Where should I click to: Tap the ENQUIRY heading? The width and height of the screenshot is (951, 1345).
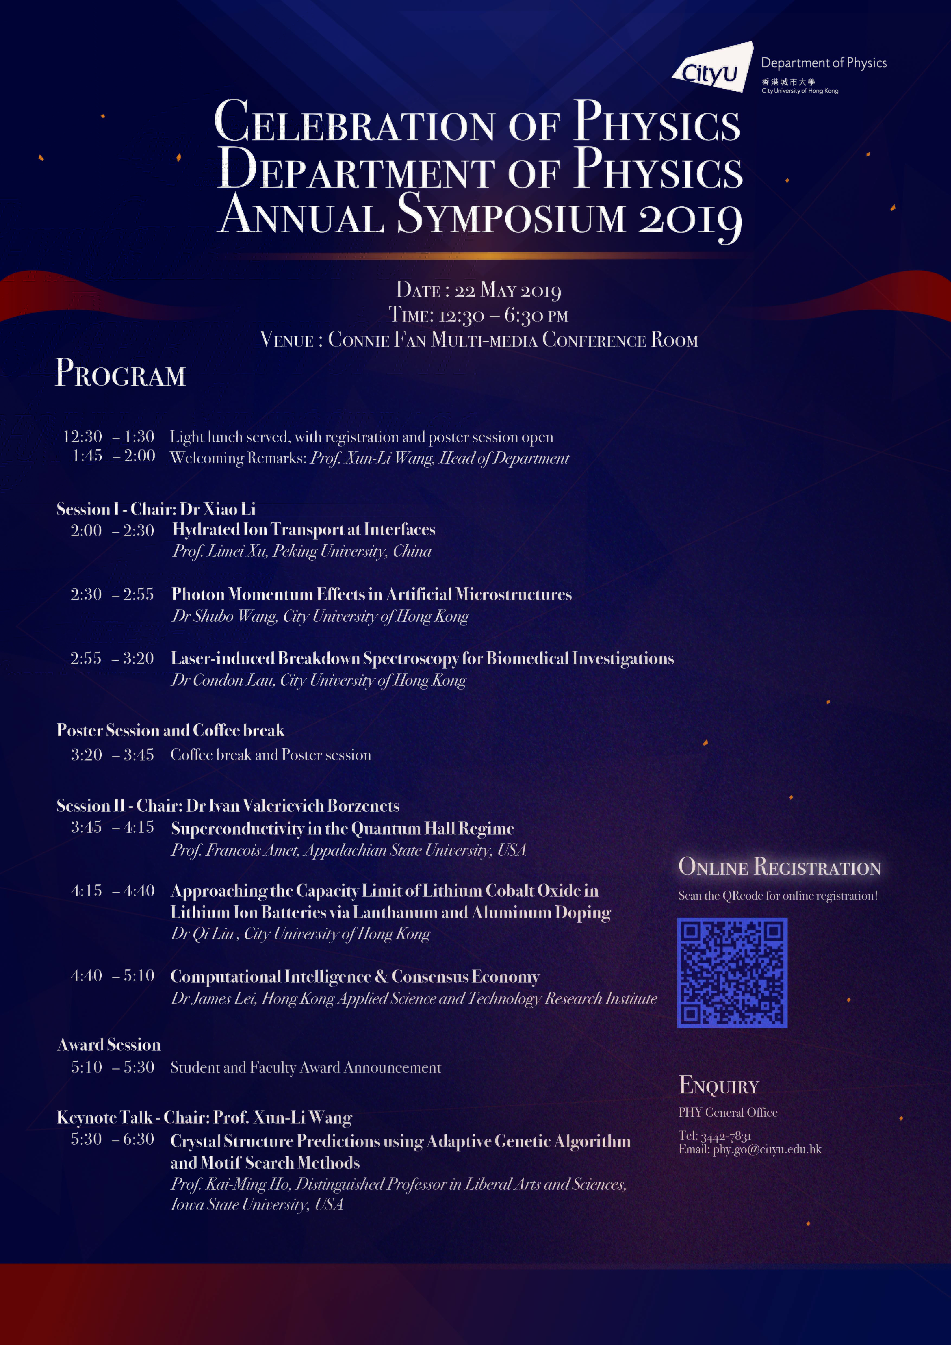(x=718, y=1086)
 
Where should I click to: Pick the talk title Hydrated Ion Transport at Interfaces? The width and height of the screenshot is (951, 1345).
(x=303, y=529)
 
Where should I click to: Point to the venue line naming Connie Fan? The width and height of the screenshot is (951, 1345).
(x=479, y=340)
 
